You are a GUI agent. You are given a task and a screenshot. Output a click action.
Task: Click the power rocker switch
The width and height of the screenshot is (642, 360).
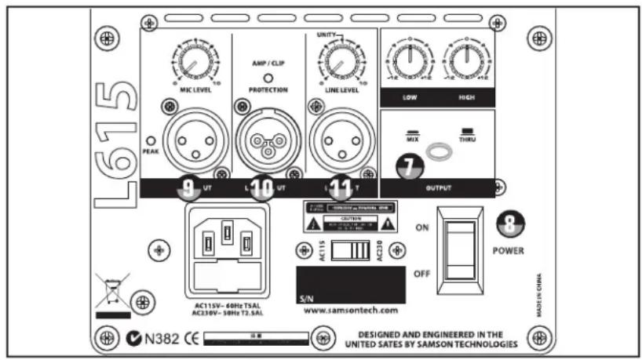(x=462, y=249)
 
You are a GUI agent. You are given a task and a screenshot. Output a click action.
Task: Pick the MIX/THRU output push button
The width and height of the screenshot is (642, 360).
(x=438, y=151)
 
